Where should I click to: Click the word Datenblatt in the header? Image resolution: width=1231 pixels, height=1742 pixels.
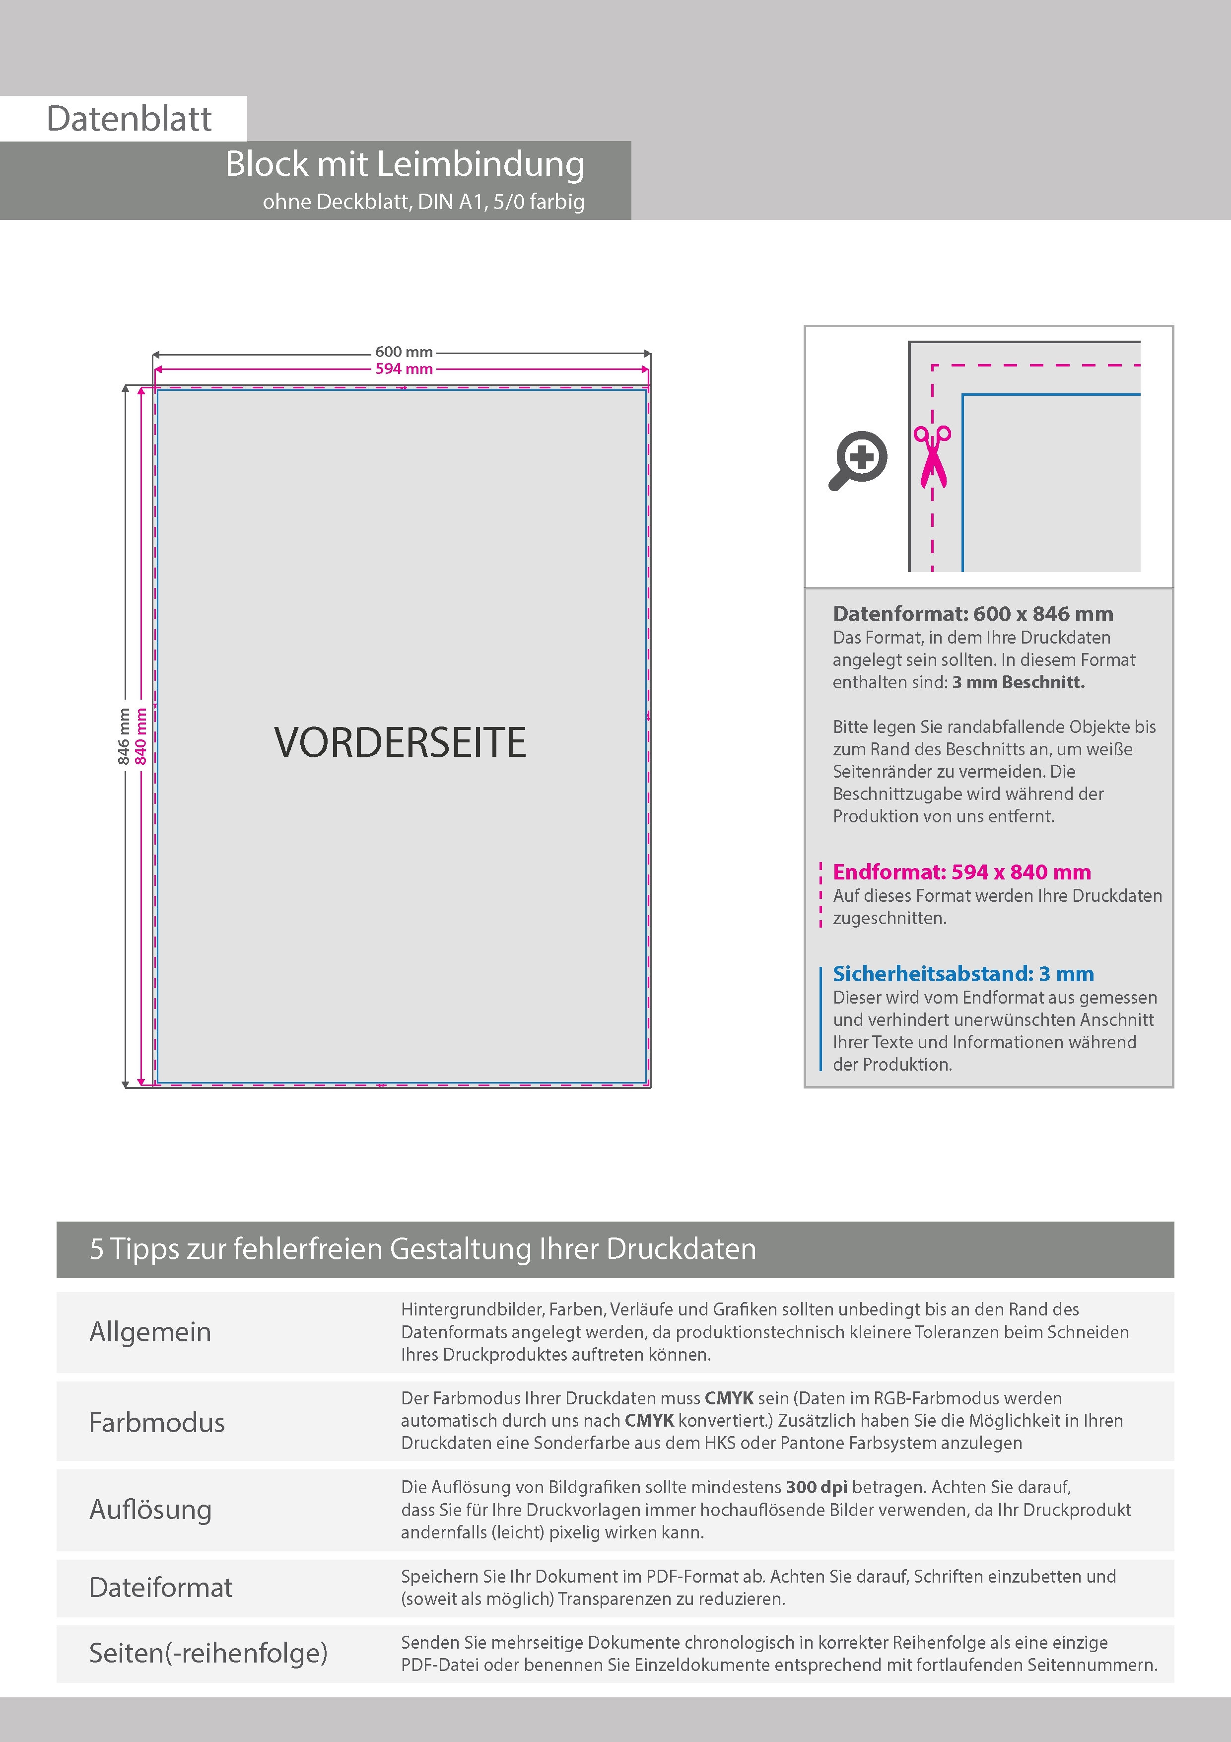129,118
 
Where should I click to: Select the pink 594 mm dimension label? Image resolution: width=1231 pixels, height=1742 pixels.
404,369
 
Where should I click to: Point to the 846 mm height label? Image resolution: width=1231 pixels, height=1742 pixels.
124,736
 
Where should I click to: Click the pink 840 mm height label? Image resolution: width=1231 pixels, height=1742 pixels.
140,736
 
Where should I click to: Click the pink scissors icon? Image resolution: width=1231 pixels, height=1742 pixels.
932,455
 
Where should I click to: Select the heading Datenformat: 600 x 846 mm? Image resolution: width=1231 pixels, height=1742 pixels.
972,614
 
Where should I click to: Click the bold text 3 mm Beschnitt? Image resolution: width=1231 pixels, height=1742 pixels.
1018,682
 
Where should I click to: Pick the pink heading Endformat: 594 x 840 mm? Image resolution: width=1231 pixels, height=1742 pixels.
961,872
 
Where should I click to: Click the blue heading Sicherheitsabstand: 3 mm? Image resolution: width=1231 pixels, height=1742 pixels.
962,973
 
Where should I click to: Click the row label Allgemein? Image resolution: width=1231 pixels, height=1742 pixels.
150,1331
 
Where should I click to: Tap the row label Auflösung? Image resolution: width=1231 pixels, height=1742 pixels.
150,1509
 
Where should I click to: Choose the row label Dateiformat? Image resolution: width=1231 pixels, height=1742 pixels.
160,1587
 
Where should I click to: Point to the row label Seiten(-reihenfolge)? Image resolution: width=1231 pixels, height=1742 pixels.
208,1653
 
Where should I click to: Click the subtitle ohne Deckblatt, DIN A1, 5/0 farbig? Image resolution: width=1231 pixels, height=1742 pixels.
423,202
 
